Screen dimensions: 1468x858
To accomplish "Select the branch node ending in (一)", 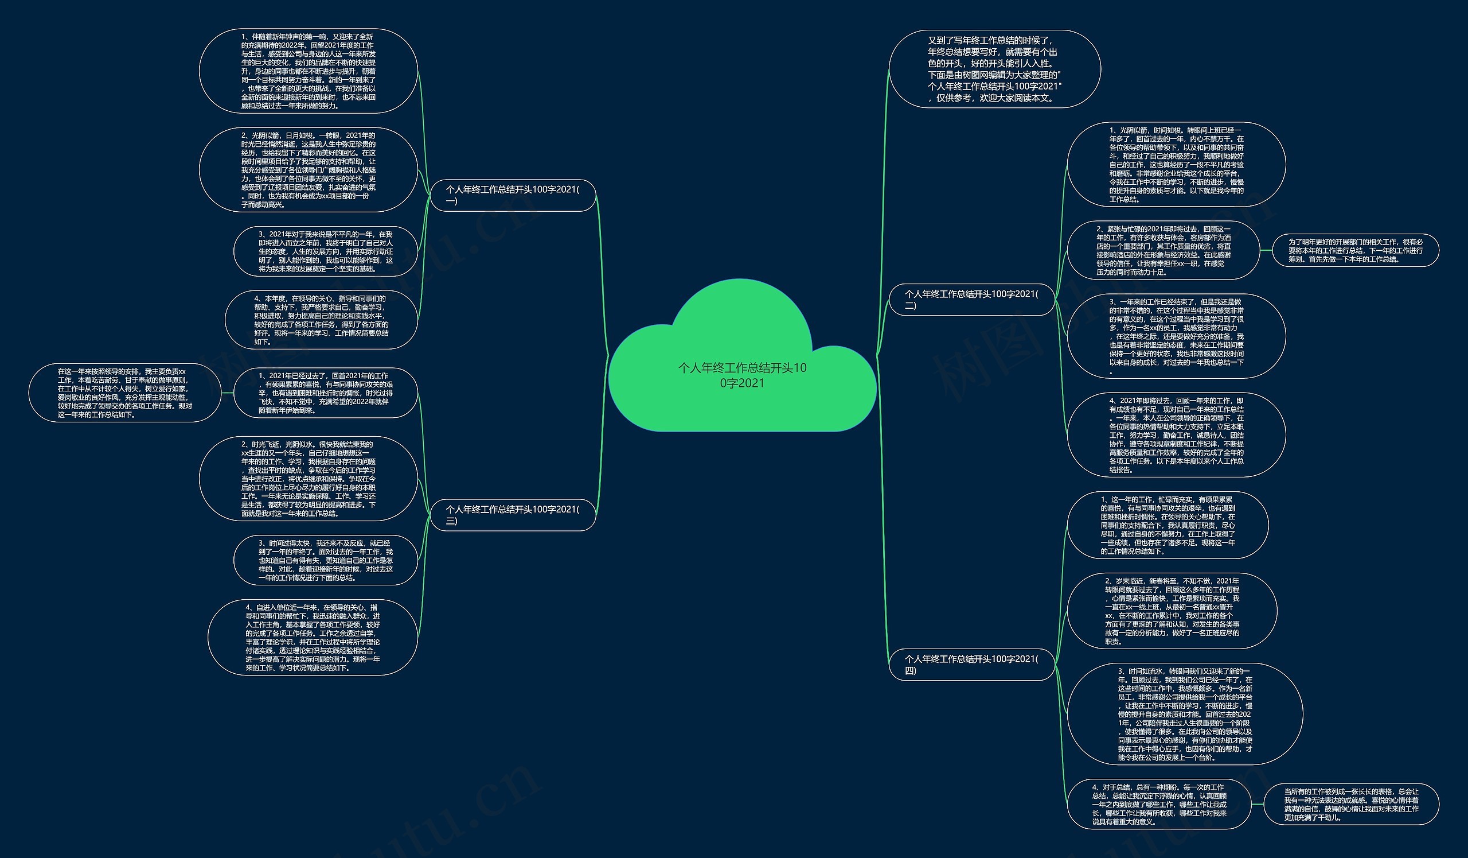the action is click(513, 195).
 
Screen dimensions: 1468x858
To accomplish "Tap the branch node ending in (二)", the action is click(971, 300).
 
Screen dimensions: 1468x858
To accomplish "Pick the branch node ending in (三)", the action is click(513, 515).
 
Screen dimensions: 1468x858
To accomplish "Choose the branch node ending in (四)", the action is click(971, 664).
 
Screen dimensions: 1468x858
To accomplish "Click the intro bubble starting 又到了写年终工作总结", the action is click(994, 69).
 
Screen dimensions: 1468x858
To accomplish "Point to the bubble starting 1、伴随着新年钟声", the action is click(308, 71).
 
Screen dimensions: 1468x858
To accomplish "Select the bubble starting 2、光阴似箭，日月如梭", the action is click(308, 170).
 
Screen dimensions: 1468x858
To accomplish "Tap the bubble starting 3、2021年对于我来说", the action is click(326, 251).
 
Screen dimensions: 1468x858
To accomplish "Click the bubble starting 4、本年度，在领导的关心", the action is click(321, 320).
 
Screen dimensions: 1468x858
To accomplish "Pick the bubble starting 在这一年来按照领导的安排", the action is click(124, 393).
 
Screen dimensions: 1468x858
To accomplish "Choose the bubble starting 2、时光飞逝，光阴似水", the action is click(308, 479).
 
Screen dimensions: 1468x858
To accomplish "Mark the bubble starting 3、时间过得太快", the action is click(326, 560).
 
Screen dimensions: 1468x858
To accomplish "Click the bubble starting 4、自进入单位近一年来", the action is click(313, 637).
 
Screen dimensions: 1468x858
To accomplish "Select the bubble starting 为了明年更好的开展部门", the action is click(1355, 251).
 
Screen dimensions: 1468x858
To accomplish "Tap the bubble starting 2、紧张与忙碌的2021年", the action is click(1163, 251).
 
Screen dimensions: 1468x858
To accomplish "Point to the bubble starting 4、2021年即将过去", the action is click(1176, 435).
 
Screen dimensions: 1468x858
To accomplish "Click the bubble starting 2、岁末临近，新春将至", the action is click(1172, 611).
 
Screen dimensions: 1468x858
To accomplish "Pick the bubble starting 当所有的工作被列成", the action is click(1351, 805).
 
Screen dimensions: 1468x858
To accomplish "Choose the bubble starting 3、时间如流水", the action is click(1185, 714).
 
